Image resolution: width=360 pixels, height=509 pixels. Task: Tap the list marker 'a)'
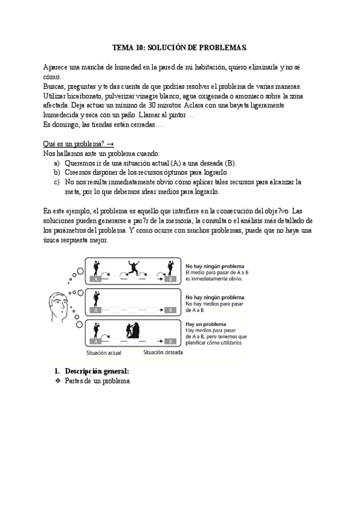coord(56,163)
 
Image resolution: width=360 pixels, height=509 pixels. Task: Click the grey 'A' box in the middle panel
coord(94,310)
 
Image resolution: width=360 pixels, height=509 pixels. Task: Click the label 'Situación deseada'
coord(163,352)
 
